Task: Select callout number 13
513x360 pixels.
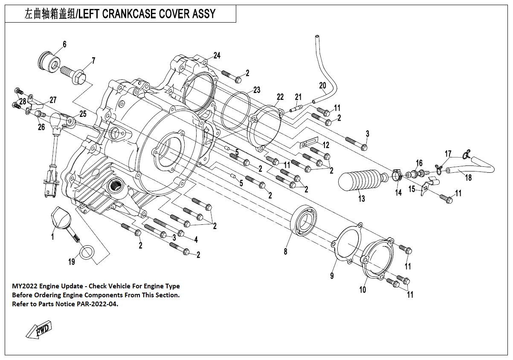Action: pos(362,199)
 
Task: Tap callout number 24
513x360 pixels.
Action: pos(217,55)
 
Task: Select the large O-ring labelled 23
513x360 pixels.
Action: pos(235,110)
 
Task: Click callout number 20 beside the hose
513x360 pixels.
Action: pos(322,85)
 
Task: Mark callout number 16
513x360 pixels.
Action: pos(419,163)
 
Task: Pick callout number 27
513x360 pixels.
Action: pos(53,100)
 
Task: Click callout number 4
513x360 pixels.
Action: pos(196,240)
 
